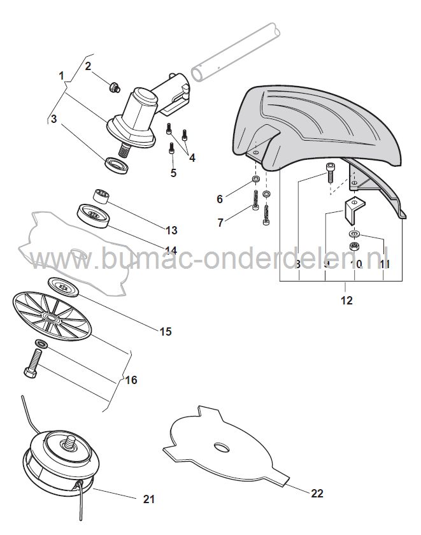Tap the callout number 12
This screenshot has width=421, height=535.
346,300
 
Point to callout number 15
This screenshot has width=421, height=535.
165,332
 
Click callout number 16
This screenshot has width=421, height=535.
131,380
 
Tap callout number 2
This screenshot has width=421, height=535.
89,66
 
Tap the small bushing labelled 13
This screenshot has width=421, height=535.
101,194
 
